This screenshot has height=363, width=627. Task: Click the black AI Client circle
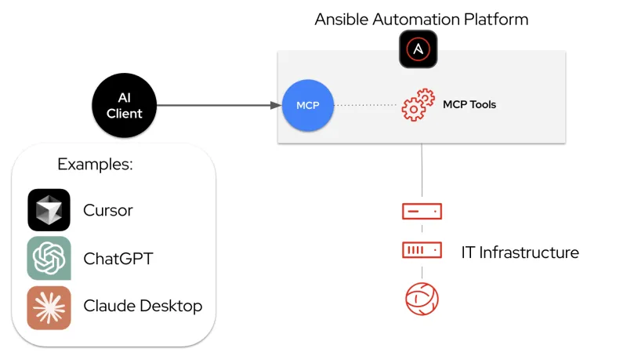coord(125,105)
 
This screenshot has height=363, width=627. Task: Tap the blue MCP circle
coord(308,105)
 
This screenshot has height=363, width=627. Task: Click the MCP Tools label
coord(469,104)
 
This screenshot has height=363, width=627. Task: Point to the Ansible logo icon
coord(418,49)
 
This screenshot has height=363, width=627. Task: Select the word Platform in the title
coord(498,19)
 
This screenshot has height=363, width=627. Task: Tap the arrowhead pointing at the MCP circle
coord(276,105)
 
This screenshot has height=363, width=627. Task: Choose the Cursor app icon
coord(49,210)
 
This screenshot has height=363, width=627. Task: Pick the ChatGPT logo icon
coord(49,258)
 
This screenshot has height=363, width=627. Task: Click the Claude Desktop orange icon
coord(49,307)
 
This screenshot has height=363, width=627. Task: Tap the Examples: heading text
coord(95,165)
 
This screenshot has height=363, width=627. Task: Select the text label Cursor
coord(108,211)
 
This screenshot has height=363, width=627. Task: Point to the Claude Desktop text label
coord(143,307)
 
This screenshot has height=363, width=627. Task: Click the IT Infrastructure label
coord(520,252)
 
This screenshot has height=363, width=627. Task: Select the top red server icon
coord(422,211)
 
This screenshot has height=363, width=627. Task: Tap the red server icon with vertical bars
coord(422,250)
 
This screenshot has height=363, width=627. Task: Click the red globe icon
coord(422,298)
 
